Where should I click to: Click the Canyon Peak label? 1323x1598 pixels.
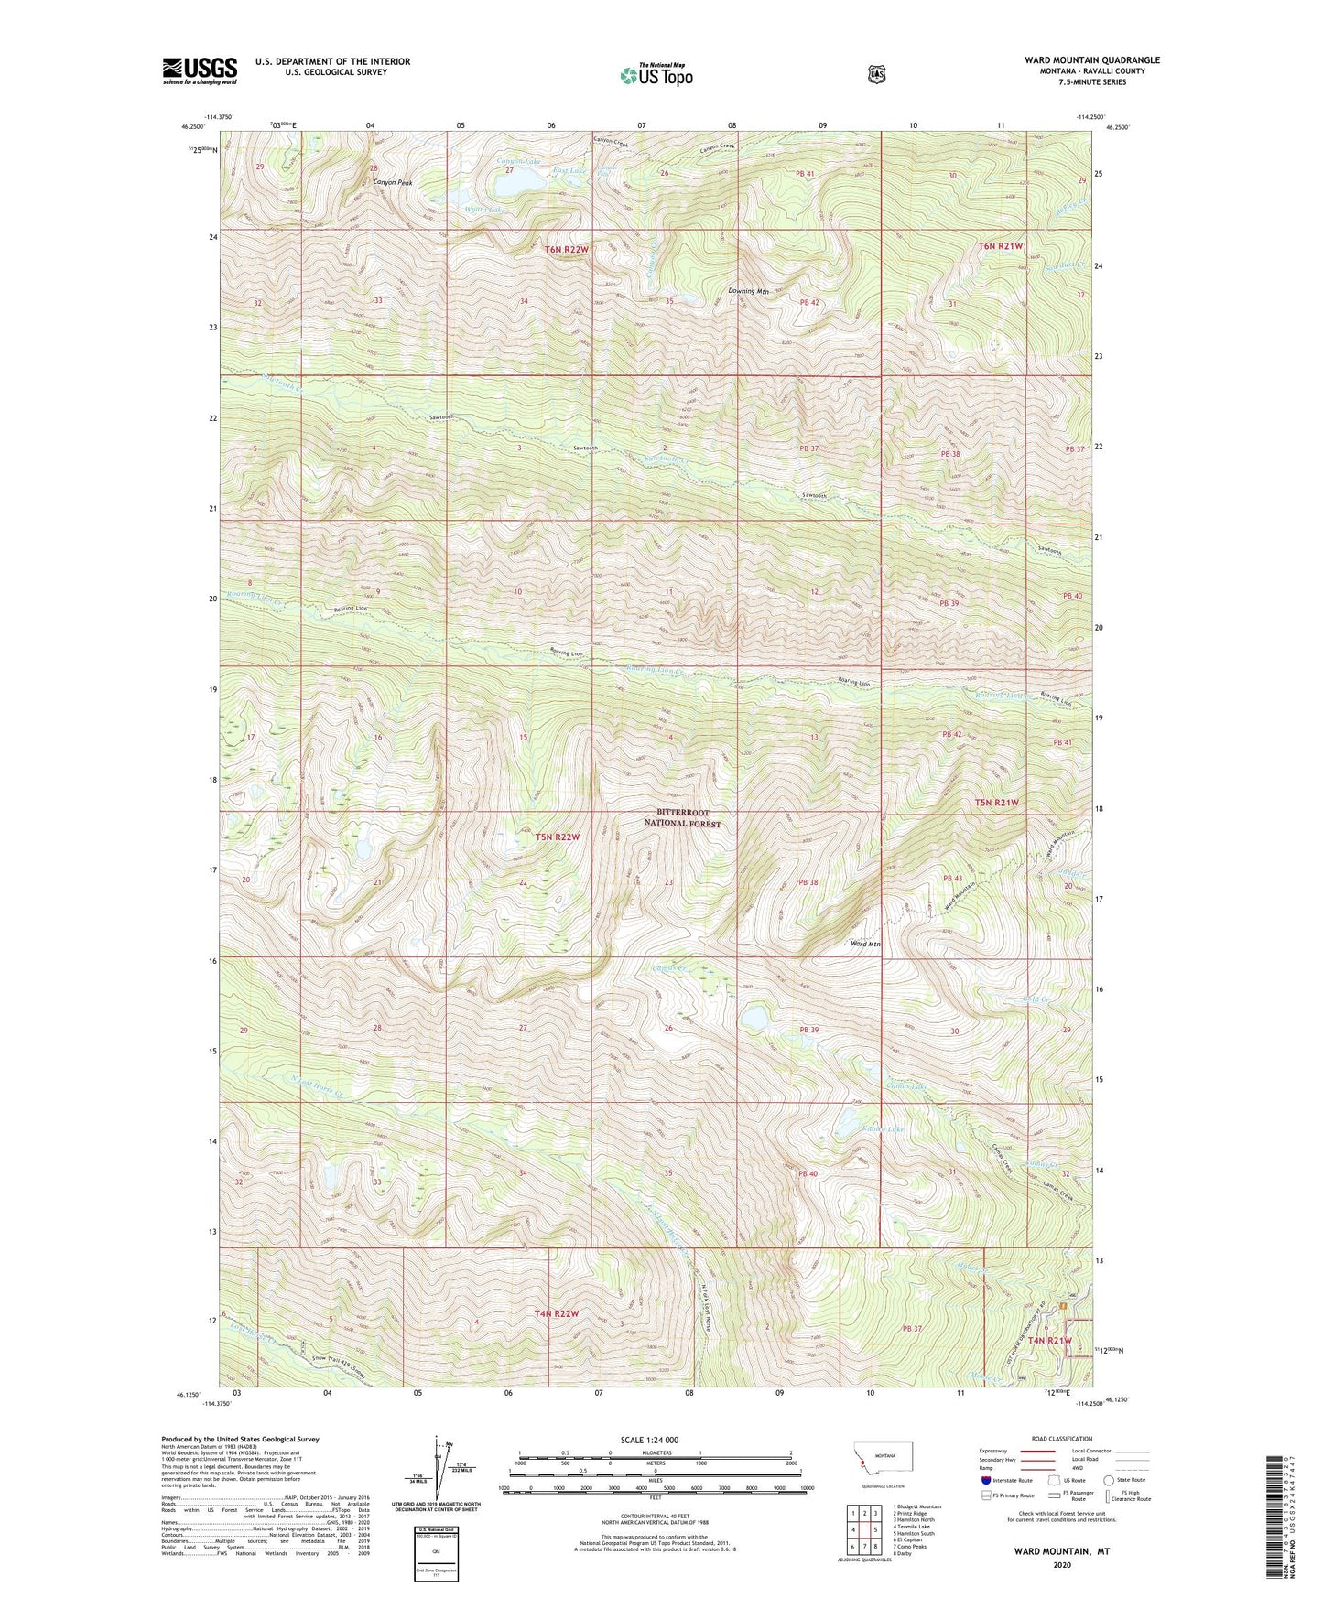pyautogui.click(x=392, y=183)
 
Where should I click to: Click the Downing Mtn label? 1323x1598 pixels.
pyautogui.click(x=748, y=291)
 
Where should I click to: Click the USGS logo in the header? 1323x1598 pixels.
pyautogui.click(x=200, y=70)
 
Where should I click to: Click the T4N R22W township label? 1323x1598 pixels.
pyautogui.click(x=557, y=1313)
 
